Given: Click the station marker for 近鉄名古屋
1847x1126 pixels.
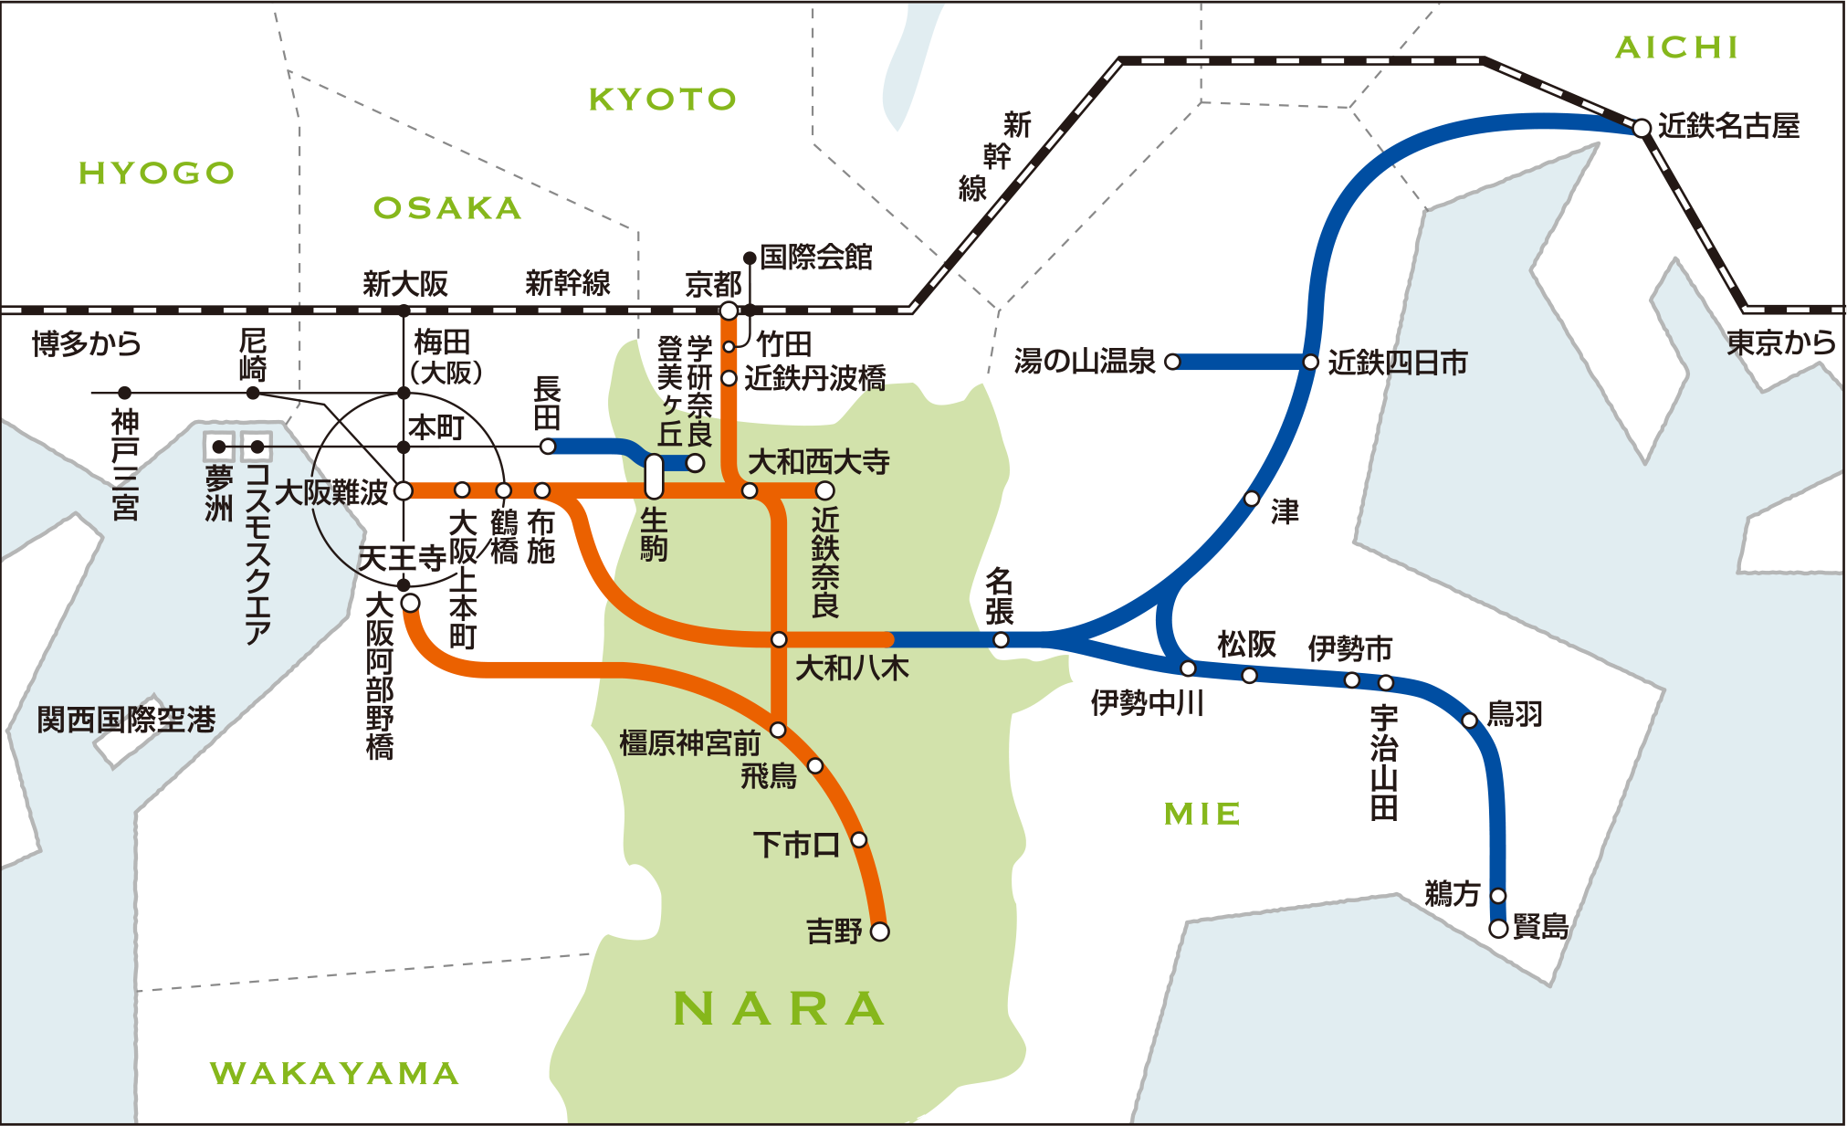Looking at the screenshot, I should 1642,129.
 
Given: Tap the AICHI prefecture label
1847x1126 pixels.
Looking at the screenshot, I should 1677,47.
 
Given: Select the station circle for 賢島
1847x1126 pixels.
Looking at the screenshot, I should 1498,929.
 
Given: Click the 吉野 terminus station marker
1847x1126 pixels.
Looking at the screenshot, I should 880,931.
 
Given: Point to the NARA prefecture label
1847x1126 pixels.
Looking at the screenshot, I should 779,1009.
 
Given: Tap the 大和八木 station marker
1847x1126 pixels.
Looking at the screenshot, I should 779,639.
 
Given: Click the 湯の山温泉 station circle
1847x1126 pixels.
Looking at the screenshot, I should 1173,363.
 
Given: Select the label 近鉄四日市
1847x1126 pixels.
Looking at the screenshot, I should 1397,363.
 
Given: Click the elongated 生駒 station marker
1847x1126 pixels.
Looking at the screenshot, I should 654,476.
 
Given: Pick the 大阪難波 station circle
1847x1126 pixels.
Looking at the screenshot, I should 404,491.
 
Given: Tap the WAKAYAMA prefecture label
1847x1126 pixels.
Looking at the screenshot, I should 334,1073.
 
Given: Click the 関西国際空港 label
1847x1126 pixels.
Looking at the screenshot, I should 126,720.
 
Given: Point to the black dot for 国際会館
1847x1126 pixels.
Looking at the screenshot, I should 750,258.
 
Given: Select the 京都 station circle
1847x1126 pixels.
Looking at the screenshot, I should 729,310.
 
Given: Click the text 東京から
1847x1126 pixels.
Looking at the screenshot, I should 1780,342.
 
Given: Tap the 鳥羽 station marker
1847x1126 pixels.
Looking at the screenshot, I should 1470,721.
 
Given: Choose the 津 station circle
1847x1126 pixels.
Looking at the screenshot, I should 1253,499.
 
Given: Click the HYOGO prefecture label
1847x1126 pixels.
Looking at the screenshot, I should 156,173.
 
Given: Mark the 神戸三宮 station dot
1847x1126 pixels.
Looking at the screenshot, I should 125,394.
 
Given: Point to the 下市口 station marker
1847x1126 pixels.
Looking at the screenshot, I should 859,839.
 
